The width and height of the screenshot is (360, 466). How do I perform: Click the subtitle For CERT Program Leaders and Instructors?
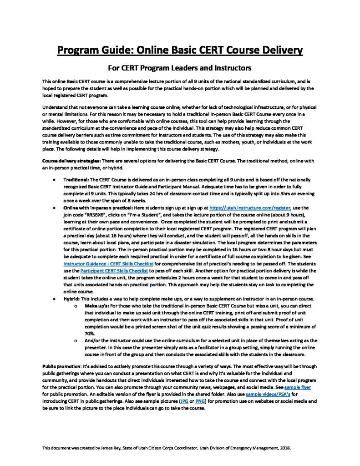[179, 68]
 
